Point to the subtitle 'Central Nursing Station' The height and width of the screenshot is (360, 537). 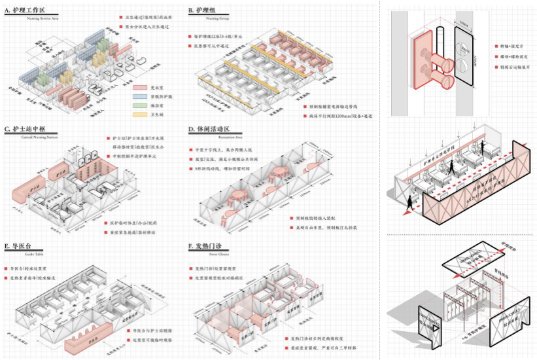[x=31, y=138]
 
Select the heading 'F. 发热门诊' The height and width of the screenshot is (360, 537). [x=209, y=247]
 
